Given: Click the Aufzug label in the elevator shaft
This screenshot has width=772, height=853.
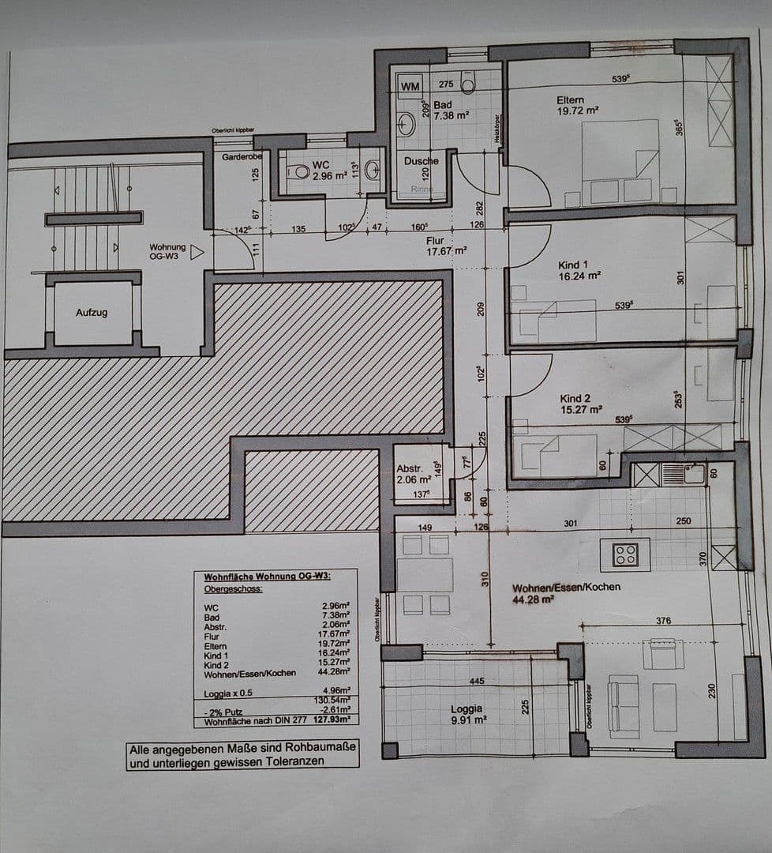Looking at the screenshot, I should [x=92, y=313].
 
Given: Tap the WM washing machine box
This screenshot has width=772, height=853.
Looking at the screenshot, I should [x=410, y=85].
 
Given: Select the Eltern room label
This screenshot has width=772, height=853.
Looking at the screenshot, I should [x=570, y=100].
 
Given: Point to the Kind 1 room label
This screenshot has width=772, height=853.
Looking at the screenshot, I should [x=574, y=265].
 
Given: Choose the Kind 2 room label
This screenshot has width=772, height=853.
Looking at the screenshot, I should [x=575, y=399].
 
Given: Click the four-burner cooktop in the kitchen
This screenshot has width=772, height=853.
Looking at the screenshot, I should [x=625, y=554].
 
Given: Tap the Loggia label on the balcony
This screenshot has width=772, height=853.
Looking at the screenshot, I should [x=467, y=708].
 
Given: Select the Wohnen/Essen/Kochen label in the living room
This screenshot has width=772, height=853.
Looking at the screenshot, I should [x=565, y=587].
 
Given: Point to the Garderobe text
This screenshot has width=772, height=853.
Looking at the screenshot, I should [x=242, y=157].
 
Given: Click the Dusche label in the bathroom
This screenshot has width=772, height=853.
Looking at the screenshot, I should [x=421, y=161].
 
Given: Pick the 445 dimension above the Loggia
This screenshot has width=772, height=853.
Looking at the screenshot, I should [x=477, y=680].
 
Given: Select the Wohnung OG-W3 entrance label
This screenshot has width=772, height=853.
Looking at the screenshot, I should [x=167, y=251].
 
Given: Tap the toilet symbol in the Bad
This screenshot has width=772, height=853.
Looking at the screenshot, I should [x=468, y=83].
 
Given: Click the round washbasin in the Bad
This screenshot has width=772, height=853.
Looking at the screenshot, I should [x=407, y=124].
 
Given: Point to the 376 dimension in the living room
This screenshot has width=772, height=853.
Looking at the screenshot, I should [x=663, y=621].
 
